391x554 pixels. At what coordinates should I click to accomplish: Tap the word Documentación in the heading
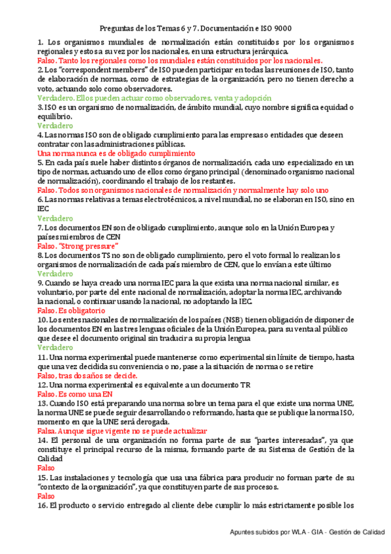click(224, 29)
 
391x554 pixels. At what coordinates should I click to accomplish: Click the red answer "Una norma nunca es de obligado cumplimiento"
click(112, 153)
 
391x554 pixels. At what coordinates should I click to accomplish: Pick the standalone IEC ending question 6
click(43, 208)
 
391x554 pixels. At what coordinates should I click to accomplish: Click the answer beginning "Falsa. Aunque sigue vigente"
click(122, 431)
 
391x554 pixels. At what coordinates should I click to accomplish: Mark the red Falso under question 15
click(46, 497)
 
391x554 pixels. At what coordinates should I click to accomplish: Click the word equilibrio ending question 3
click(55, 116)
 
